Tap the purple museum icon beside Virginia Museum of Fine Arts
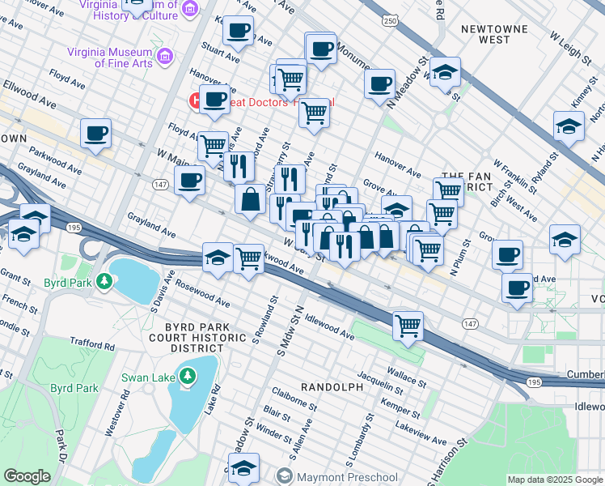(166, 56)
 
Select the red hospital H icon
(195, 101)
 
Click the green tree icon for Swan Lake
(188, 376)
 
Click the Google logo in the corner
(27, 476)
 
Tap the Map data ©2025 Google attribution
(553, 480)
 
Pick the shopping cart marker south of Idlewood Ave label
(408, 326)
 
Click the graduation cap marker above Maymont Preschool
(243, 467)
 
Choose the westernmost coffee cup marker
(95, 133)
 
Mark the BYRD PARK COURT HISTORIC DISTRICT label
(186, 333)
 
